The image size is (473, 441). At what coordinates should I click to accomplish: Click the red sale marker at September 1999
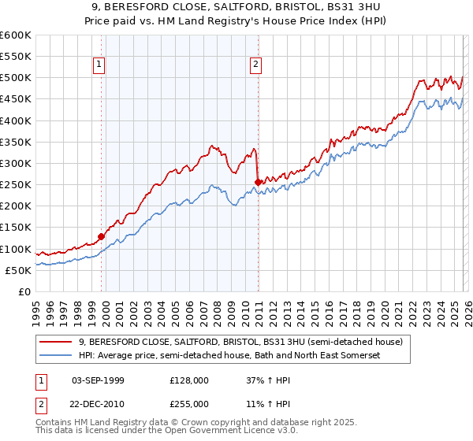(101, 235)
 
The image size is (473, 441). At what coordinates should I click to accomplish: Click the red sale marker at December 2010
(258, 182)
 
